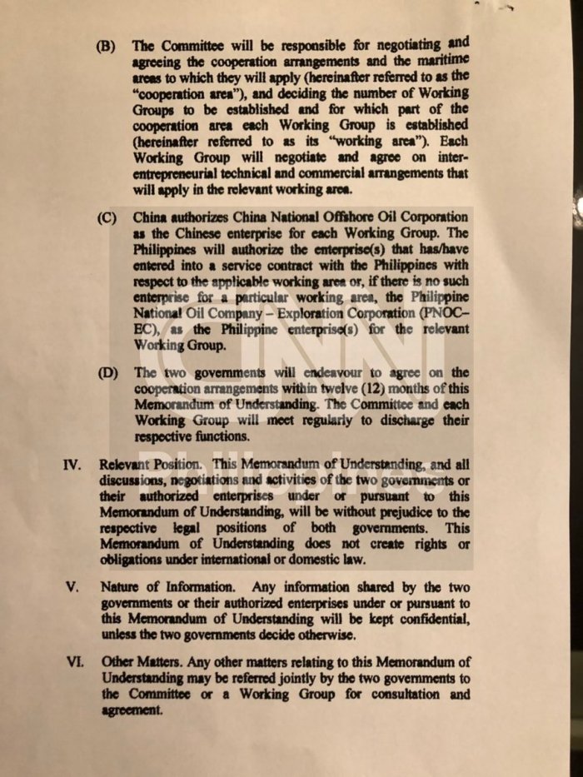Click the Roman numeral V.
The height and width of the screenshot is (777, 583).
pyautogui.click(x=73, y=586)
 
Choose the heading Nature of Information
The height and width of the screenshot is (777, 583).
pyautogui.click(x=157, y=586)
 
